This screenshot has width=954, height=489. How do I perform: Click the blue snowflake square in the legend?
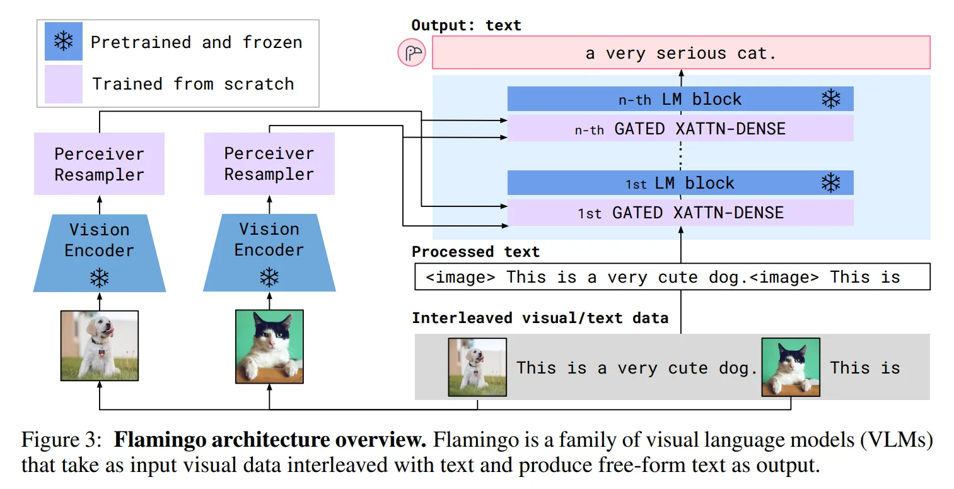coord(64,41)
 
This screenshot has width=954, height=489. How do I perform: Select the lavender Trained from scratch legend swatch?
coord(64,84)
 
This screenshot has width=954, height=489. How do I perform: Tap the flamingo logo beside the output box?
coord(412,52)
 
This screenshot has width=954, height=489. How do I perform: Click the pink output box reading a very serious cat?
coord(681,52)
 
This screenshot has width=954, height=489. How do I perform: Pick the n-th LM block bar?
coord(680,99)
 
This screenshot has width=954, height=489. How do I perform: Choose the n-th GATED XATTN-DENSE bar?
coord(680,128)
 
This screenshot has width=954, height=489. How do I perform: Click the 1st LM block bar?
coord(680,183)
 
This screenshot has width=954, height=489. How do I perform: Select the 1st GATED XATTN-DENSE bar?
coord(680,212)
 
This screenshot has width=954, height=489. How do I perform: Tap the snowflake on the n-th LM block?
coord(831,99)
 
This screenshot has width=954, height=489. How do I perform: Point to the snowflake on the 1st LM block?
coord(831,183)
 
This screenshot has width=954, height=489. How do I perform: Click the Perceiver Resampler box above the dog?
coord(99,163)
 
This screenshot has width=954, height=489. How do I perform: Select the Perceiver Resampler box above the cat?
coord(269,163)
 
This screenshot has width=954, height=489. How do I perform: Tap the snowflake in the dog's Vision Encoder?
coord(99,278)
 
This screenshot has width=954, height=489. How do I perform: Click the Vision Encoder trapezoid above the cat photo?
coord(269,252)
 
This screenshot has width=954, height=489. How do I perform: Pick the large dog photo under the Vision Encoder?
coord(99,345)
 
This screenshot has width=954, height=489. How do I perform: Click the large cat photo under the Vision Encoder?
coord(269,346)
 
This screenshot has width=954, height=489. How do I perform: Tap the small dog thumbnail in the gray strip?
coord(477,367)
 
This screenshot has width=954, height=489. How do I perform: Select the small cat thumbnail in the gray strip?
coord(791,367)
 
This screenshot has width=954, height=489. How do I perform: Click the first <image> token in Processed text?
coord(460,277)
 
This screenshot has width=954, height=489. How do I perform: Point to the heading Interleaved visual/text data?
coord(540,318)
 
